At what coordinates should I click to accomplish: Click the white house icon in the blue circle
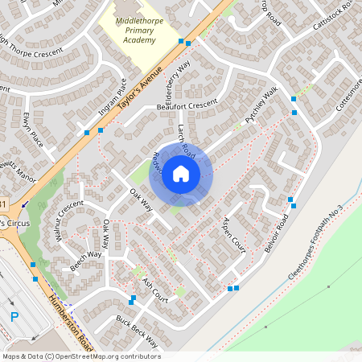(181, 173)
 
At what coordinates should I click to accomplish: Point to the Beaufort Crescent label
(187, 105)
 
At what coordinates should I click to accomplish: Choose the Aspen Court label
(234, 236)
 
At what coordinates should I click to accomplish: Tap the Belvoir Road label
(277, 234)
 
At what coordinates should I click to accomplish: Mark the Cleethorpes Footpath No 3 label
(315, 242)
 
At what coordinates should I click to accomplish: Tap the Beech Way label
(86, 260)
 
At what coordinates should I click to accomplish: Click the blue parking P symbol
(14, 318)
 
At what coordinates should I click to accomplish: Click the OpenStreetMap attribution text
(81, 356)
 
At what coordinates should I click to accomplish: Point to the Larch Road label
(186, 141)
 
